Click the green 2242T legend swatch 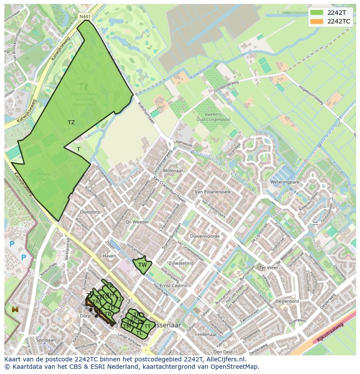(317, 12)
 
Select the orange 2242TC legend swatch (317, 21)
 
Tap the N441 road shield (85, 17)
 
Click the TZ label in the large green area (71, 122)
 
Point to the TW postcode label (142, 265)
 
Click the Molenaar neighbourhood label (173, 171)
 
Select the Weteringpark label (284, 182)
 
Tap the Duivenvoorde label (205, 236)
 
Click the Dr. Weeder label (137, 222)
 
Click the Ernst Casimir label (173, 286)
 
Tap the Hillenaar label (207, 334)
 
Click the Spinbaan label (46, 340)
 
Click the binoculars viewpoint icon (15, 309)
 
